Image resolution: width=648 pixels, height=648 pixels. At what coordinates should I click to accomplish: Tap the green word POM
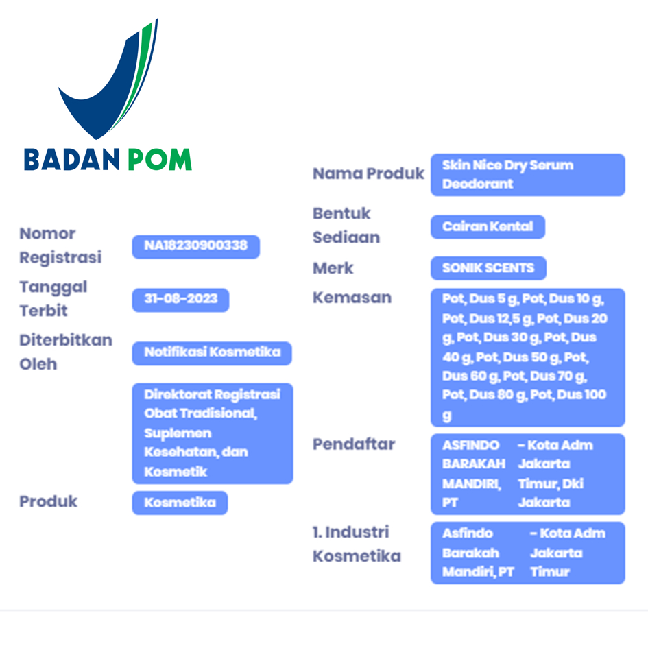pos(160,160)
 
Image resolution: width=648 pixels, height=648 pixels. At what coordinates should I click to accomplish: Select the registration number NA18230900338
pos(196,247)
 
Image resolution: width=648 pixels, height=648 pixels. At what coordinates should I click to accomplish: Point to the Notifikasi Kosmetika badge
pos(212,353)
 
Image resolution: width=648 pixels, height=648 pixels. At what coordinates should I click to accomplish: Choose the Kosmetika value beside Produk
pos(180,503)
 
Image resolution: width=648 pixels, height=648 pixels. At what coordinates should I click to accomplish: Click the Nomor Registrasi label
pos(60,245)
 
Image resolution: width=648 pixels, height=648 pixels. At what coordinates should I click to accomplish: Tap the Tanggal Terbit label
pos(53,298)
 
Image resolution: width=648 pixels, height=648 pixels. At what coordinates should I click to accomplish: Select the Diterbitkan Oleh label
pos(66,352)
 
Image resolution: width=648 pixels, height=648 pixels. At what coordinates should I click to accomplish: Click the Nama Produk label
pos(368,173)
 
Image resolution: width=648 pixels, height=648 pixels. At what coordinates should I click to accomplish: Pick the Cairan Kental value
pos(488,227)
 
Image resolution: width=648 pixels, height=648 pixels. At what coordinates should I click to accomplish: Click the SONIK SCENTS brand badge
pos(488,268)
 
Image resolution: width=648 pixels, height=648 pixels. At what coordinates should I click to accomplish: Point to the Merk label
pos(333,268)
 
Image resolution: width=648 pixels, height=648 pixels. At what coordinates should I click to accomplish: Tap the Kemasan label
pos(352,298)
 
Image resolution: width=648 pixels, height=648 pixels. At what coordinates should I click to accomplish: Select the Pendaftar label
pos(354,444)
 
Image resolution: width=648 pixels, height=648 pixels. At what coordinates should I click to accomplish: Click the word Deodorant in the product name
pos(478,184)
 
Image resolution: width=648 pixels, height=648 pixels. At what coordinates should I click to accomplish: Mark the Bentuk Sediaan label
pos(346,225)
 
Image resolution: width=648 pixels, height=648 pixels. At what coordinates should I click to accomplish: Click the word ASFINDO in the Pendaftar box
pos(470,446)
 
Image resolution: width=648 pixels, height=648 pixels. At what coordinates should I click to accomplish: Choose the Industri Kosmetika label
pos(357,544)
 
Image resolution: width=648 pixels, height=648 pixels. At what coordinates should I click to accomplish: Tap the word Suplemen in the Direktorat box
pos(178,433)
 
